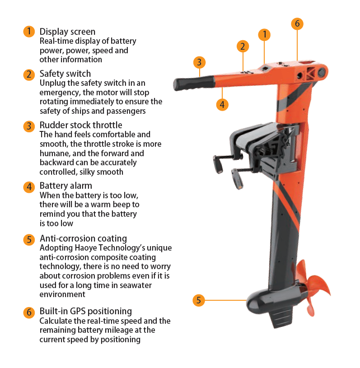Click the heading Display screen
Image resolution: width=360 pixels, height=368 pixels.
(x=67, y=32)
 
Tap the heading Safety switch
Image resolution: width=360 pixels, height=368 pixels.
(x=65, y=74)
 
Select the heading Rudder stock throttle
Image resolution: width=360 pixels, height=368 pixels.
(x=81, y=125)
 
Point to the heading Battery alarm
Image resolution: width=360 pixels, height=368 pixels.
(x=66, y=186)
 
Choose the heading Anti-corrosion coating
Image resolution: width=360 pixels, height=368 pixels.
(x=84, y=238)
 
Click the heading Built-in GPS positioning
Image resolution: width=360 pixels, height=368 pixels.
(x=86, y=311)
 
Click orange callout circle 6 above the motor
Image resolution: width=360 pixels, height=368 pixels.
(x=297, y=23)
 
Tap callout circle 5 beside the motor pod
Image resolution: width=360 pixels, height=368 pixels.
(x=199, y=300)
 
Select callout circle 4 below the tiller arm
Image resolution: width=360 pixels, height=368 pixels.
(x=222, y=104)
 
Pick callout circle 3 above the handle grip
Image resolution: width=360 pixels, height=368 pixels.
(x=199, y=62)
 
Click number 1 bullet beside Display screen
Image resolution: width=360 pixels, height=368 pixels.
(x=29, y=32)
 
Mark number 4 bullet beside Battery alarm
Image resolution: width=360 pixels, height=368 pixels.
(x=29, y=187)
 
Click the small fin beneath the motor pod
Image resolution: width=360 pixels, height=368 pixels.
(x=282, y=319)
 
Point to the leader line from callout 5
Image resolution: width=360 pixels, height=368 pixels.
(x=225, y=300)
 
